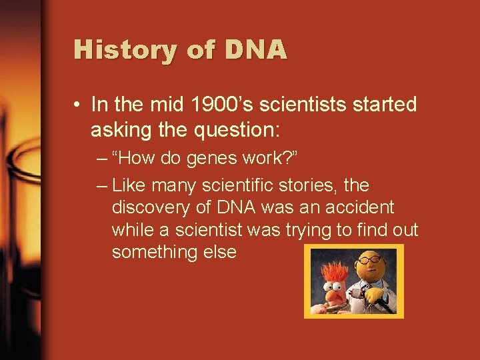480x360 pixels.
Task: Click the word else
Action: [217, 253]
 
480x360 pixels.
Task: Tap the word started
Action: [383, 105]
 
